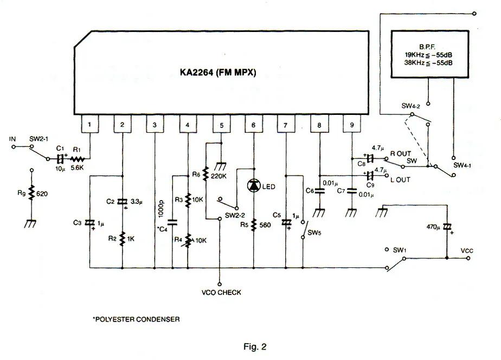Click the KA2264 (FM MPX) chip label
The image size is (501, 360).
coord(218,73)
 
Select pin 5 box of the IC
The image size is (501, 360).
coord(221,124)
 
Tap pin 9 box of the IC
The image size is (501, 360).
coord(352,124)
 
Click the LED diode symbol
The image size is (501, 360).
coord(254,185)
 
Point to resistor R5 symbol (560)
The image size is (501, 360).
coord(254,225)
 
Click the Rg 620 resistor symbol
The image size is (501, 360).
coord(31,193)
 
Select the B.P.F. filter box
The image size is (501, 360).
coord(430,54)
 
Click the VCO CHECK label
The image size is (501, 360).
coord(221,292)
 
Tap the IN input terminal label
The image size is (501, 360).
coord(12,139)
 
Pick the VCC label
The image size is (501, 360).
coord(467,251)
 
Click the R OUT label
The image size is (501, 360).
coord(401,153)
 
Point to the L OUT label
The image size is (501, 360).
coord(400,180)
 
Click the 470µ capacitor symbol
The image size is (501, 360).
coord(447,227)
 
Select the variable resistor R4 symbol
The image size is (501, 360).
coord(188,241)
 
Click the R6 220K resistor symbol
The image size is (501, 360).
coord(206,173)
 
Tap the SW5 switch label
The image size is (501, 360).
coord(314,233)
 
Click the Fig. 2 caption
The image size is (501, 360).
coord(255,346)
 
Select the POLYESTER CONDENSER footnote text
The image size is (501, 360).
coord(137,319)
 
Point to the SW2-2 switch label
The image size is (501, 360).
coord(235,216)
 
